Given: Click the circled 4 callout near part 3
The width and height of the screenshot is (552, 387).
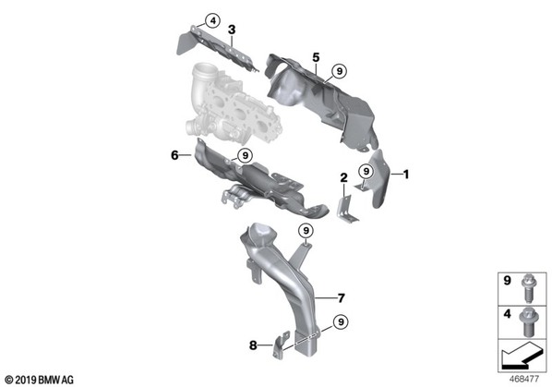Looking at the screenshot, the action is point(212,21).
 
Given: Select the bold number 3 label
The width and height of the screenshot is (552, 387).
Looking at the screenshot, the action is point(232,30).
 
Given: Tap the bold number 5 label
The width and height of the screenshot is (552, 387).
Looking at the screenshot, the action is point(316,57).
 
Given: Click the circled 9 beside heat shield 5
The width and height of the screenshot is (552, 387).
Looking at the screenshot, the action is point(339,71).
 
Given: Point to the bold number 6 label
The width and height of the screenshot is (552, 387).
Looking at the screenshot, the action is point(175,155).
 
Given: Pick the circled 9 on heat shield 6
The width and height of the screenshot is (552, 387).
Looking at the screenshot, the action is point(245,155).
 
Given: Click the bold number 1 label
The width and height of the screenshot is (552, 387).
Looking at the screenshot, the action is point(406,174).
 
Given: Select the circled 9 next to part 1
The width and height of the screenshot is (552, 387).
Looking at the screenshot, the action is point(366,171).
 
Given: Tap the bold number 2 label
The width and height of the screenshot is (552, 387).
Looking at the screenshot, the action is point(343,178).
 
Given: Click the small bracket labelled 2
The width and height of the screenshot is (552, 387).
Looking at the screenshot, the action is point(346,210).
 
